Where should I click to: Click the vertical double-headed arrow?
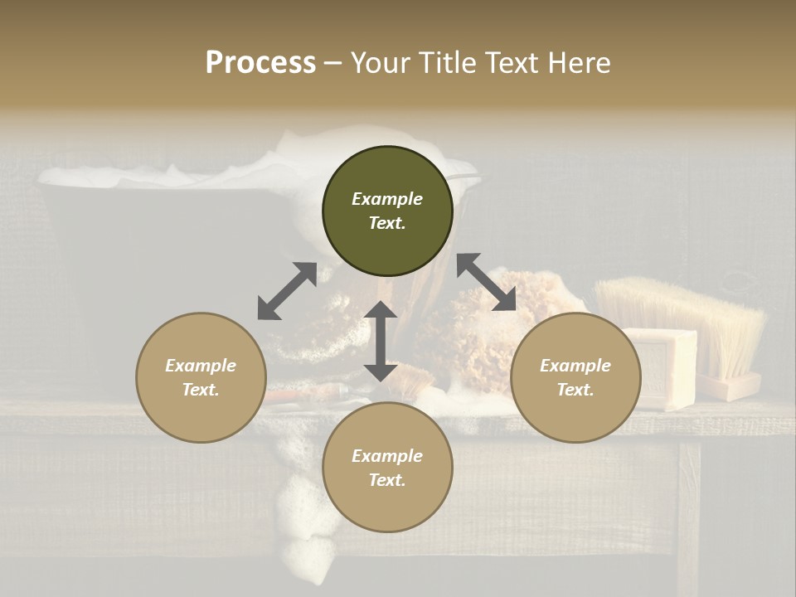coord(381,341)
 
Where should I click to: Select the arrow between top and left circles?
coord(287,291)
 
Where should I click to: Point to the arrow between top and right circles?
coord(486,282)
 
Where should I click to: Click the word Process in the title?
coord(260,63)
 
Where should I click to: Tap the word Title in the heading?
coord(442,63)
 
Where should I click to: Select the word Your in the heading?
coord(376,63)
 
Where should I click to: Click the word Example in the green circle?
coord(387,199)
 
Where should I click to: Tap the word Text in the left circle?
coord(201,390)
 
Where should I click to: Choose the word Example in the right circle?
coord(575,366)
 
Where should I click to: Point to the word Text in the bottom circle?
coord(387,480)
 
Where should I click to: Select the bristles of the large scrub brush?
coord(680,319)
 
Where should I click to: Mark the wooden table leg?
coord(688,514)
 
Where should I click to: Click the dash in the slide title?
coord(333,63)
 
